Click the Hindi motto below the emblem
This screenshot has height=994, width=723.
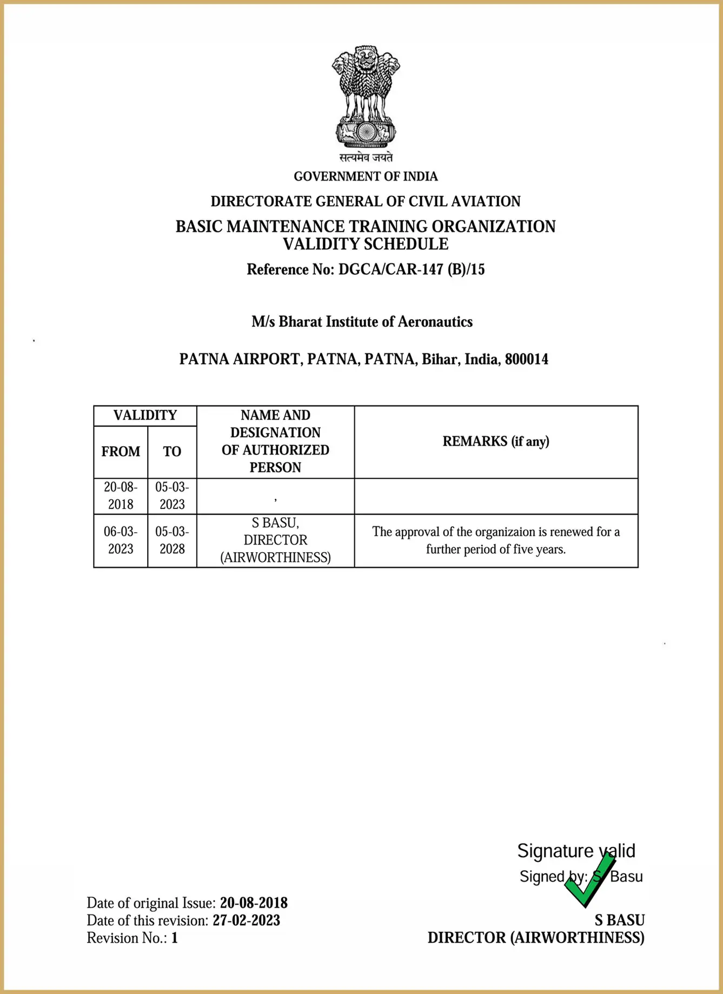(x=366, y=157)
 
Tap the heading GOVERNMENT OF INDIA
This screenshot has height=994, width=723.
(x=366, y=176)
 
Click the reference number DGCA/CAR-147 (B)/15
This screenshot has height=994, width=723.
(x=411, y=269)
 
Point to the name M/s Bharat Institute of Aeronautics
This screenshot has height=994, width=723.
(x=362, y=322)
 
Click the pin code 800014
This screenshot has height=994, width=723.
(x=526, y=359)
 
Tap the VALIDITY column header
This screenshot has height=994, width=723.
(x=145, y=415)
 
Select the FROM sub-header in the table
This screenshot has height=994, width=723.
(x=121, y=452)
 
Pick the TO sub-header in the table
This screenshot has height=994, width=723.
(x=172, y=452)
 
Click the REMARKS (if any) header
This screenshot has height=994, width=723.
(x=496, y=441)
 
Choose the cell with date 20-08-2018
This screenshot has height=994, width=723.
(x=121, y=495)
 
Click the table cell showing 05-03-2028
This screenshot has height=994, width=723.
(x=172, y=540)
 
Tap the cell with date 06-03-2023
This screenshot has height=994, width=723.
(x=121, y=540)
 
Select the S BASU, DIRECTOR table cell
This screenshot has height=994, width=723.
(x=275, y=540)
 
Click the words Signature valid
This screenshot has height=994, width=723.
(x=576, y=851)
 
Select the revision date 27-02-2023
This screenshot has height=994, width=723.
(x=246, y=920)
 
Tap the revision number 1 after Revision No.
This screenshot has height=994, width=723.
(x=175, y=938)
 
